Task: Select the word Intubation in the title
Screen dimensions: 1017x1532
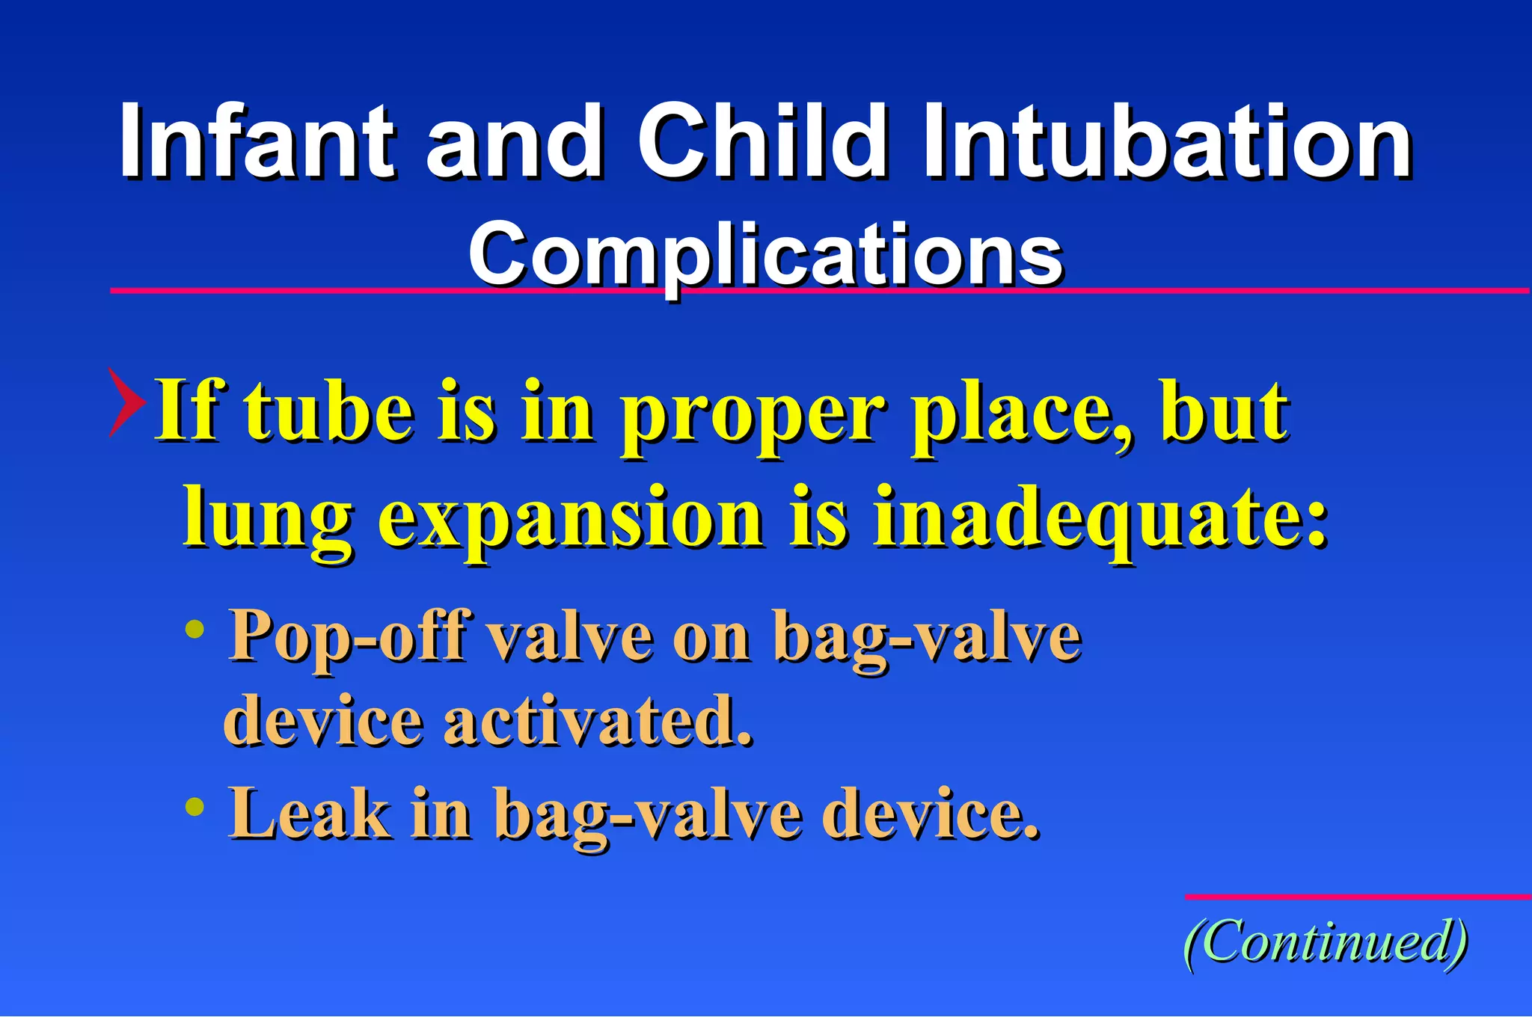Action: click(x=1167, y=142)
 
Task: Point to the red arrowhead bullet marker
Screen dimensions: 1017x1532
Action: click(x=126, y=402)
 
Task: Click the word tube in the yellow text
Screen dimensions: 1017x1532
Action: click(x=329, y=411)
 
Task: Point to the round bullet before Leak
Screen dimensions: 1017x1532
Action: click(x=194, y=806)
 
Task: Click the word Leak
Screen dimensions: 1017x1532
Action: click(x=309, y=814)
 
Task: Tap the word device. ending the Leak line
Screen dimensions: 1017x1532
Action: click(x=931, y=814)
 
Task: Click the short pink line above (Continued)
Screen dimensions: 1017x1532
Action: click(x=1357, y=896)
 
